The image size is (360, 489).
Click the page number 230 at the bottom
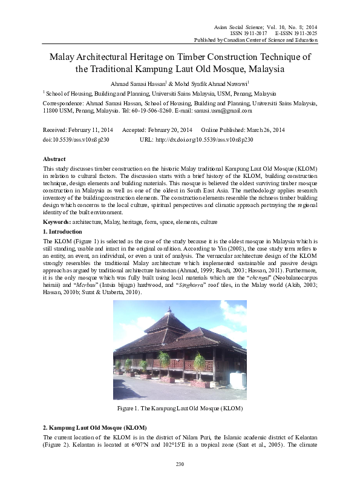[180, 464]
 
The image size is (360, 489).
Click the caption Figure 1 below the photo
[180, 409]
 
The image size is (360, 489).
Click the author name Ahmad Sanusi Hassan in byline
[135, 84]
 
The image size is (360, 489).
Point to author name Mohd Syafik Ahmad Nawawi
[206, 84]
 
